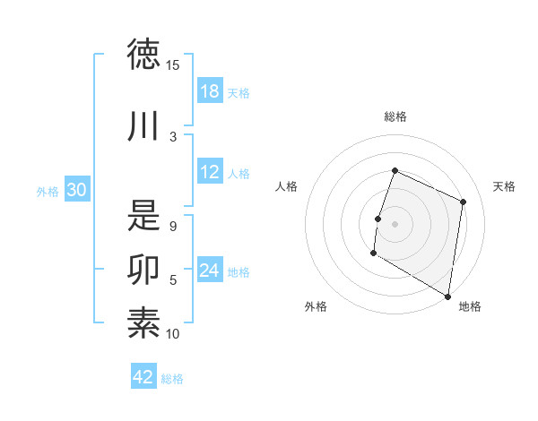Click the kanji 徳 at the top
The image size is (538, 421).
click(143, 55)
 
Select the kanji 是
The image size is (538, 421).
click(143, 215)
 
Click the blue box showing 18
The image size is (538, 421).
click(210, 90)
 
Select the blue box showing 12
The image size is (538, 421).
click(210, 173)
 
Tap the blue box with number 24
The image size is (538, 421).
click(210, 271)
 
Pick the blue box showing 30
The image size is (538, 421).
click(77, 190)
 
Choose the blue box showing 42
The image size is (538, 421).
click(143, 377)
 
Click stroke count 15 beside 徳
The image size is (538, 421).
click(173, 65)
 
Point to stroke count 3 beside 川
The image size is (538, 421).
click(173, 136)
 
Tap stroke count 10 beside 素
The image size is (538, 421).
click(173, 334)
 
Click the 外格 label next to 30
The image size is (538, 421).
click(48, 191)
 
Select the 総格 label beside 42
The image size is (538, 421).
click(172, 379)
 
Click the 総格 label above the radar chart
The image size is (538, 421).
click(395, 117)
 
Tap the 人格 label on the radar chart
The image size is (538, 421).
click(287, 186)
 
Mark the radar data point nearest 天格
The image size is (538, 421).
click(464, 202)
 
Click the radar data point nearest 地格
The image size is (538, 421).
click(447, 296)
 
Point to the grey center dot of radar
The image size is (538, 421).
click(395, 223)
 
